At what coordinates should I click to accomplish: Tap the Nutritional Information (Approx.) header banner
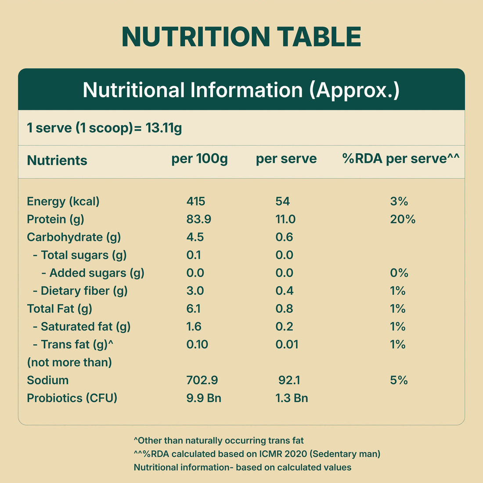click(x=241, y=90)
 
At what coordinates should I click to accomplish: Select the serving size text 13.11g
click(x=164, y=128)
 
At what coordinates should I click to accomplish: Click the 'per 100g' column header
click(x=199, y=159)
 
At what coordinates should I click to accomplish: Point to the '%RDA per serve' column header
click(x=400, y=159)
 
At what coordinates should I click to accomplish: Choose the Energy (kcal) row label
click(x=63, y=201)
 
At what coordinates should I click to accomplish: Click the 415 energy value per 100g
click(x=196, y=201)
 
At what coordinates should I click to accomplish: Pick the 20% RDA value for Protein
click(x=403, y=219)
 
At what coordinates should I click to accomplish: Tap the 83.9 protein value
click(x=198, y=219)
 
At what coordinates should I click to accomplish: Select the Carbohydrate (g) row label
click(x=74, y=237)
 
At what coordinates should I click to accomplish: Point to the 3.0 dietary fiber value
click(x=195, y=291)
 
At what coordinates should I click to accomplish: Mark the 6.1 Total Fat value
click(x=193, y=309)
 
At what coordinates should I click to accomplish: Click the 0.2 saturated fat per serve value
click(x=284, y=327)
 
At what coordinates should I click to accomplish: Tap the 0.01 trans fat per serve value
click(x=287, y=344)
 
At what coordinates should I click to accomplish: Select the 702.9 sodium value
click(x=202, y=380)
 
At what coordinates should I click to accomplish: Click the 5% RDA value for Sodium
click(x=399, y=380)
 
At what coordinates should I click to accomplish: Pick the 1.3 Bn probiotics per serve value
click(x=292, y=398)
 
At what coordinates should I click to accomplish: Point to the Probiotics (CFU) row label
click(x=72, y=398)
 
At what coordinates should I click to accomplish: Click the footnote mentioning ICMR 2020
click(x=257, y=454)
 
